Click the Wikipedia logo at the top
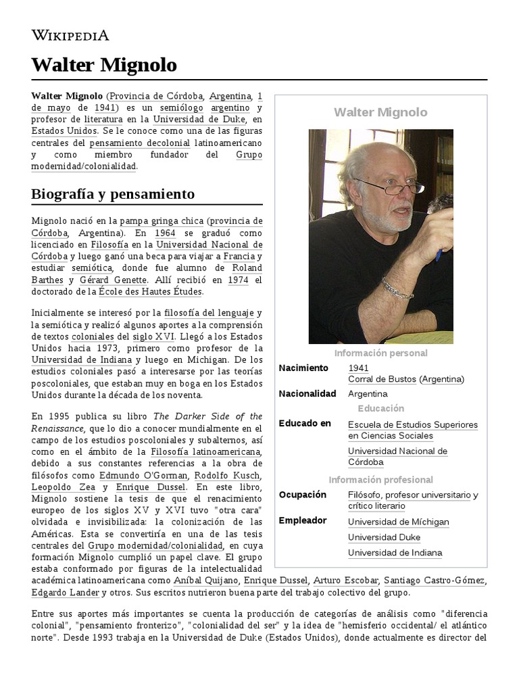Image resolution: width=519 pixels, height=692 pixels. (70, 35)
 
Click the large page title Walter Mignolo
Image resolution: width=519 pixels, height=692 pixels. (104, 65)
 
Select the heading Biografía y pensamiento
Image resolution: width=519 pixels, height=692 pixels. (113, 194)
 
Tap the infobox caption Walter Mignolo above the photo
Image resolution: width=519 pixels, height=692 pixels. (380, 112)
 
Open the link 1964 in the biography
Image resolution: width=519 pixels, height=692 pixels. (165, 232)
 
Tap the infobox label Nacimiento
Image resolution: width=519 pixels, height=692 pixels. (303, 368)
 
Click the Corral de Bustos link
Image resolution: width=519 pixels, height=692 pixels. (381, 379)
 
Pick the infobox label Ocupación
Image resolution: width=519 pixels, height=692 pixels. (303, 495)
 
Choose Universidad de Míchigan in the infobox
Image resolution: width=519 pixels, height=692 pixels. (398, 522)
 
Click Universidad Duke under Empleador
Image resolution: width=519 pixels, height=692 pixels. (384, 537)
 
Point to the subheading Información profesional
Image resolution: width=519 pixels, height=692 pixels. (380, 480)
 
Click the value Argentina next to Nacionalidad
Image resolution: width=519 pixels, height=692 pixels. (368, 393)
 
